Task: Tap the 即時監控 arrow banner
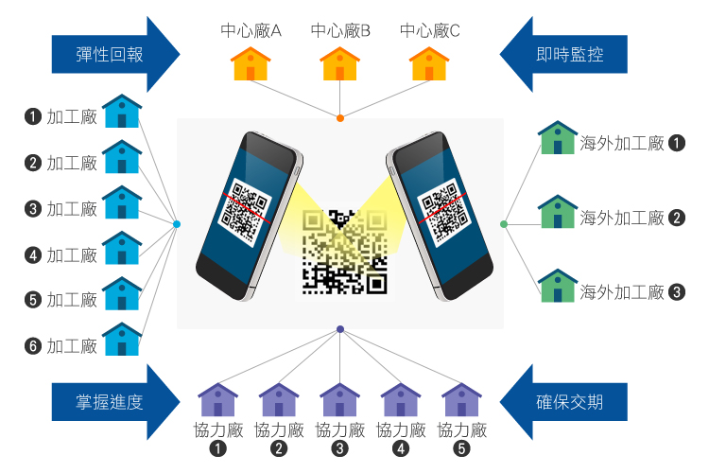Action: pyautogui.click(x=567, y=54)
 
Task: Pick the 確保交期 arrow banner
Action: pyautogui.click(x=567, y=402)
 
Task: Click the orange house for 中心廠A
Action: pyautogui.click(x=251, y=64)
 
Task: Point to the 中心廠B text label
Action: pyautogui.click(x=340, y=31)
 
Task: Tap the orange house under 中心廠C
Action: pyautogui.click(x=429, y=64)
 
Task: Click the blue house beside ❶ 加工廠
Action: pyautogui.click(x=122, y=112)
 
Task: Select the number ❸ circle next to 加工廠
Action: pyautogui.click(x=33, y=209)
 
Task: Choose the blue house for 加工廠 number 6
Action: pyautogui.click(x=122, y=340)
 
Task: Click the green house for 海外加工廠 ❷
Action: pyautogui.click(x=558, y=212)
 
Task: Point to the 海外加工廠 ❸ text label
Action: pyautogui.click(x=622, y=291)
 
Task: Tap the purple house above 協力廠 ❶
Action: pyautogui.click(x=218, y=399)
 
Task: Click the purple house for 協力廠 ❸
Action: pyautogui.click(x=340, y=399)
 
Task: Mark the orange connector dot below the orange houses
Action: pyautogui.click(x=340, y=118)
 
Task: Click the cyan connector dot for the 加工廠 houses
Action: pyautogui.click(x=177, y=224)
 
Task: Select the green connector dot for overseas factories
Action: pyautogui.click(x=504, y=224)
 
